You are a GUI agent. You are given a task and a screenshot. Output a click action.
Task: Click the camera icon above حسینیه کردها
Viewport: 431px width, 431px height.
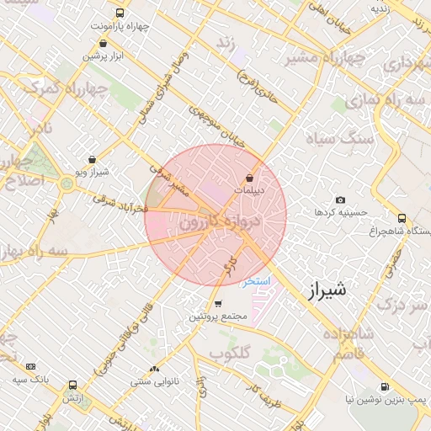tap(340, 200)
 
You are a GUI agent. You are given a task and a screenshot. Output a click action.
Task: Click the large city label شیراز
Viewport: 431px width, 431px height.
tap(322, 292)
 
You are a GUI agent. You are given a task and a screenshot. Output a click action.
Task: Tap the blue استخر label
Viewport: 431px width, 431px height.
tap(255, 283)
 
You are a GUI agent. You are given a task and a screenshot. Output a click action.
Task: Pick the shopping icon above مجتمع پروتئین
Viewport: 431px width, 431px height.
tap(218, 304)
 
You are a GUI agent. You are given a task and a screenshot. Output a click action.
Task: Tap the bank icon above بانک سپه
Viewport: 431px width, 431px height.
tap(31, 367)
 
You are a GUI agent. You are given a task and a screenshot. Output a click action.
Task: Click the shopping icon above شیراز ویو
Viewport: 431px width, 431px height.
tap(91, 158)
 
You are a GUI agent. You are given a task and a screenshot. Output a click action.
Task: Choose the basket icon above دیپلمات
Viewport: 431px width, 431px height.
tap(250, 178)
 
